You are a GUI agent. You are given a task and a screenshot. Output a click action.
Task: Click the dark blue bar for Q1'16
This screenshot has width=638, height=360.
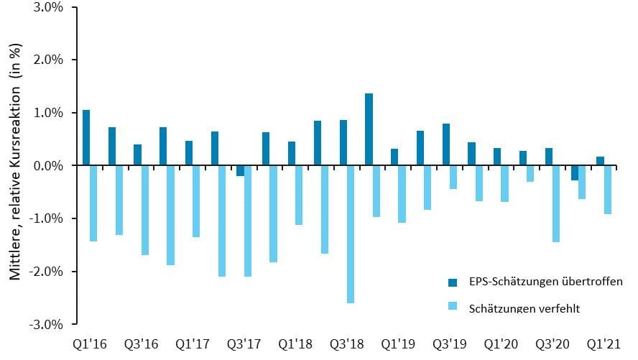(86, 138)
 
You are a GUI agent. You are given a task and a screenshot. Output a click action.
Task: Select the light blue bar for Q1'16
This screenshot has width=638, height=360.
(93, 203)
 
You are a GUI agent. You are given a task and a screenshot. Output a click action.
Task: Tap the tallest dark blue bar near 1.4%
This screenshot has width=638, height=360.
(369, 129)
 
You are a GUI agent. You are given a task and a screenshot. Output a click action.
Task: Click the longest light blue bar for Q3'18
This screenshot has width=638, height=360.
(351, 234)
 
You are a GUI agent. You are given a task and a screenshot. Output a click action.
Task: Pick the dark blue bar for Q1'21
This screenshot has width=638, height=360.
(600, 161)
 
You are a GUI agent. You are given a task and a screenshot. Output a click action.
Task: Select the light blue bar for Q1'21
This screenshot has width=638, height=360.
(608, 190)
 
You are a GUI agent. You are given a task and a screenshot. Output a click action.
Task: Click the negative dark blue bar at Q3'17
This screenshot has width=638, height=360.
(240, 171)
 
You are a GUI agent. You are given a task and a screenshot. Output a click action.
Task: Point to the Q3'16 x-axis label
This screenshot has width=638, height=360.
(142, 344)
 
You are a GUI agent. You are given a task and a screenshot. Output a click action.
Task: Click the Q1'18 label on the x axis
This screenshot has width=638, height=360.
(295, 344)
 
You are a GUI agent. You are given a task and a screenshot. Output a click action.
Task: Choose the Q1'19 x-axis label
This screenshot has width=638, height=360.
(398, 344)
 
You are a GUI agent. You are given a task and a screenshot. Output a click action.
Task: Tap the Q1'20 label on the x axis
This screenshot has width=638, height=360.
(501, 344)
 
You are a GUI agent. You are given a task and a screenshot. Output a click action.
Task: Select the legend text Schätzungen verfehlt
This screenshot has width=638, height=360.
(524, 308)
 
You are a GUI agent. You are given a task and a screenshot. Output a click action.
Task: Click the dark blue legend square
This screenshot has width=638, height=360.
(453, 282)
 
